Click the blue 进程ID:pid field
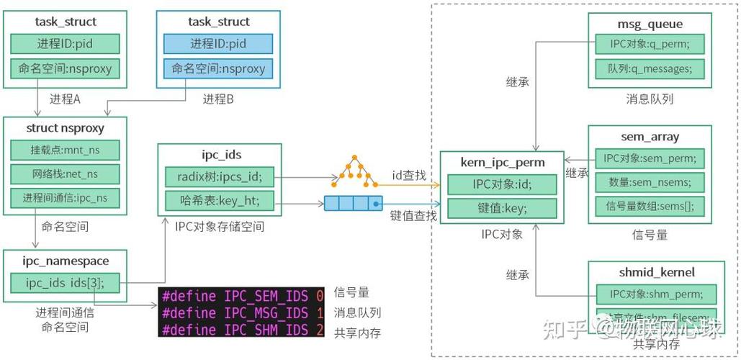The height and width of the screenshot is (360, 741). pos(218,44)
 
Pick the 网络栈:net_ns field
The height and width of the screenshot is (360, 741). pos(65,174)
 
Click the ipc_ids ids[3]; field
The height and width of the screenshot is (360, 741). pos(66,283)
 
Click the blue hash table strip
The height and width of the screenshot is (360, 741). pos(352,203)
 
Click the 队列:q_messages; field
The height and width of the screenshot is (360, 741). pos(649,69)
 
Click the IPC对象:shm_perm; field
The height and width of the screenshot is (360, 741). pos(655,294)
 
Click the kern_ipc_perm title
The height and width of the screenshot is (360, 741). pos(502,163)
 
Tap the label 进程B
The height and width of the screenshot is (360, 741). pos(218,99)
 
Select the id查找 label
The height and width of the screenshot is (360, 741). pos(408,175)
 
